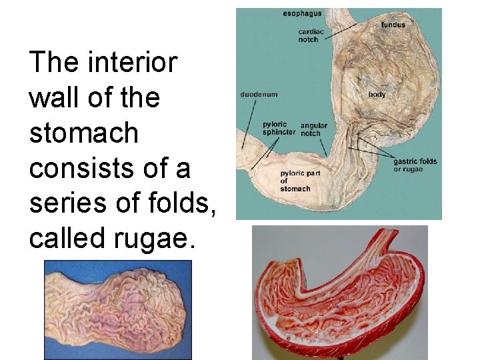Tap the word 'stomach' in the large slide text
point(83,133)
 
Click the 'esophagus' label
point(302,13)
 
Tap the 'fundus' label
point(393,25)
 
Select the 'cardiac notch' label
point(308,35)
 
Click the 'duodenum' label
point(259,95)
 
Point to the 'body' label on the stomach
point(377,95)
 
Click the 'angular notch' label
point(313,129)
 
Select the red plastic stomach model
point(339,300)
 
